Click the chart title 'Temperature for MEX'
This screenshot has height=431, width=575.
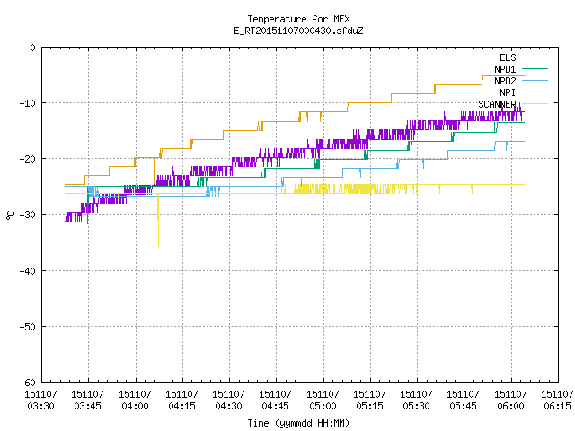pos(298,19)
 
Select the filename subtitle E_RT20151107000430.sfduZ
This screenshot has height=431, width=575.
pos(298,31)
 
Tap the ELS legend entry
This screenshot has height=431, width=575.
pos(524,57)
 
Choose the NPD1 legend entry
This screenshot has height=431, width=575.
pos(521,69)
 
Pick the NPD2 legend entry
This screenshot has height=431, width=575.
pos(521,81)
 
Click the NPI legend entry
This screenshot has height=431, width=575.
pos(524,92)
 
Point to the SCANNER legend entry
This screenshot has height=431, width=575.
pos(513,104)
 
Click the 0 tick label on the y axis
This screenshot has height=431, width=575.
pos(33,48)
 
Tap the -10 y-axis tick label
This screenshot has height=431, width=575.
pos(28,103)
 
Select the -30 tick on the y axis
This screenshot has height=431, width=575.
pos(28,215)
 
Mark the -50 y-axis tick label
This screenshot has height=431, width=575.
pos(28,327)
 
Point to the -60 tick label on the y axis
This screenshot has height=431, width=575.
pos(28,383)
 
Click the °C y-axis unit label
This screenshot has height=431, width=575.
pos(11,215)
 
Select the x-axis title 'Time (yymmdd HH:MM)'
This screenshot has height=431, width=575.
pos(298,423)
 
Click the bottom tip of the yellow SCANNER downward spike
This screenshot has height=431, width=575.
pos(158,247)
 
